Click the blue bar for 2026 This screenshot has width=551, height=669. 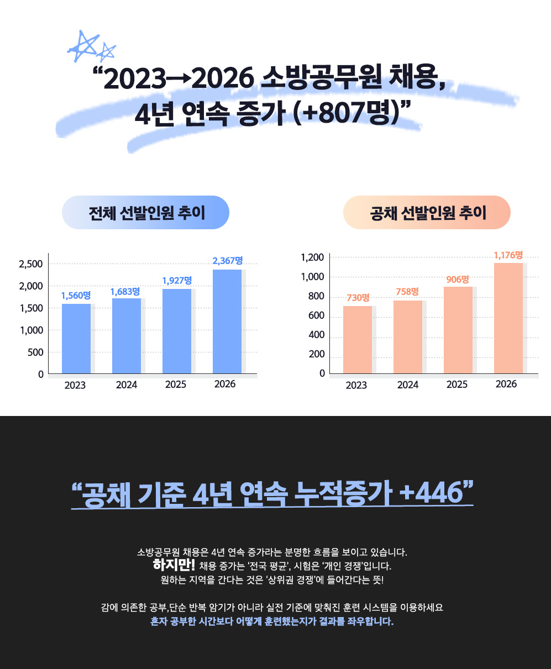(x=227, y=322)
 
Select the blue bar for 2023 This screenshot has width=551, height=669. (x=76, y=339)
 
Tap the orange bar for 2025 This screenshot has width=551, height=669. (x=458, y=330)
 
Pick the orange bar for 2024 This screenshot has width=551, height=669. (x=408, y=337)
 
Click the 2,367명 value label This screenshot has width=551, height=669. (x=228, y=261)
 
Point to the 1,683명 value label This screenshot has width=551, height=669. (x=125, y=291)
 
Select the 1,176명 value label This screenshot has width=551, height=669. (x=508, y=255)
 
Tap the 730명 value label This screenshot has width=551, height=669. (x=358, y=298)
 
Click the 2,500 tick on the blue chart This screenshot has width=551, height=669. (x=31, y=264)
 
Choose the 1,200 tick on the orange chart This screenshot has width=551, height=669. (x=312, y=257)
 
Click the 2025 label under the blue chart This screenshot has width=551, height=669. (x=175, y=384)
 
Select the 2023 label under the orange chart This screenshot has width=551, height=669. (x=356, y=385)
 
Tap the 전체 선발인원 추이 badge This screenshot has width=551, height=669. (x=146, y=213)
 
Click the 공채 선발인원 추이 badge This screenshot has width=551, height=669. (x=427, y=213)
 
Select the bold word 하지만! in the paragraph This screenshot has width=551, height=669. (x=174, y=566)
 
